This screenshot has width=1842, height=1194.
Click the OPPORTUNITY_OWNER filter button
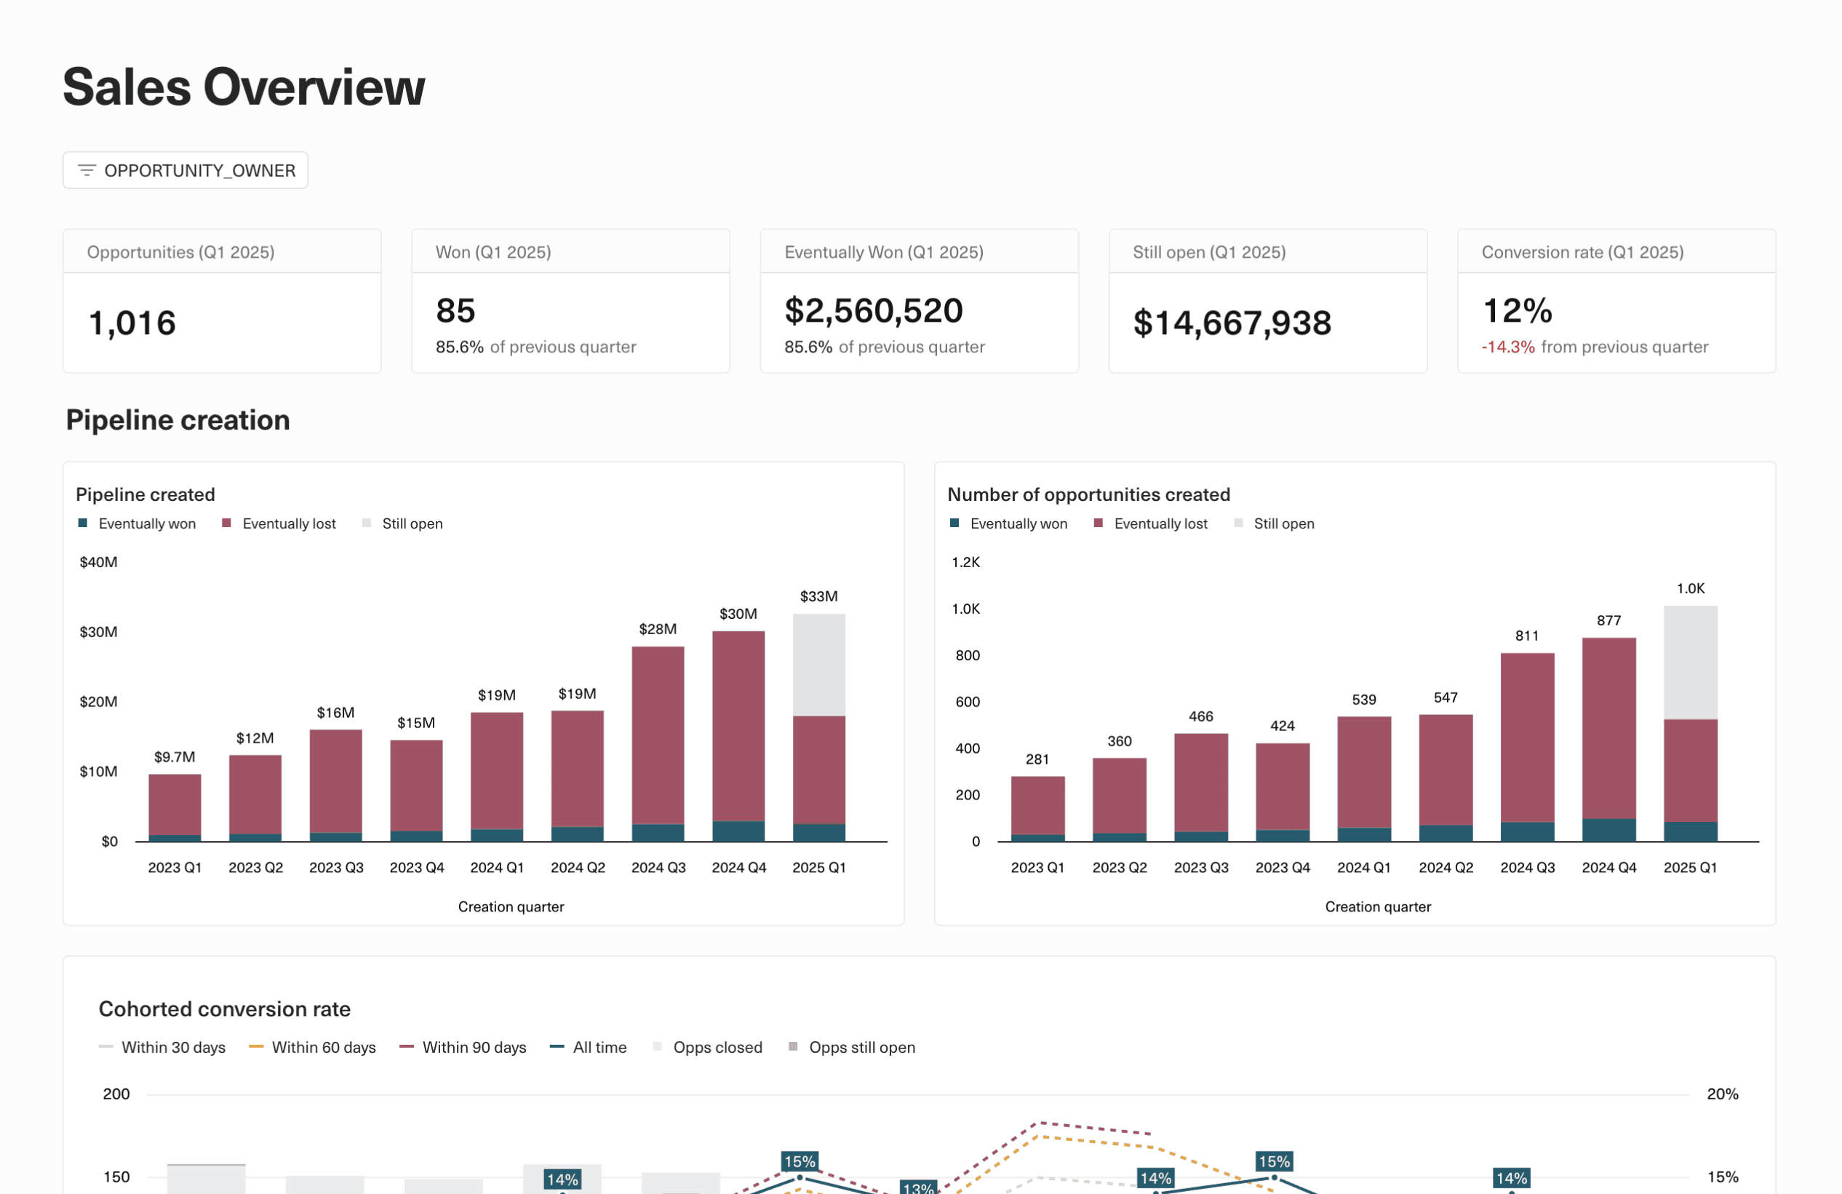(x=186, y=170)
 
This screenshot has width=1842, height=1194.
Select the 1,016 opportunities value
(x=132, y=323)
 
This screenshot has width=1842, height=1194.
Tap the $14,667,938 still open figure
(x=1232, y=323)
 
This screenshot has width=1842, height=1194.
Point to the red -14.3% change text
(x=1507, y=347)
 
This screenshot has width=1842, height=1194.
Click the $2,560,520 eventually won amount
(x=873, y=310)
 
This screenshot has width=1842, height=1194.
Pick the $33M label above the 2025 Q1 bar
(x=818, y=596)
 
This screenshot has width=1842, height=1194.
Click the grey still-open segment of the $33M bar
(x=819, y=665)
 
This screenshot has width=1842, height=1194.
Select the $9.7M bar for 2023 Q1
(x=175, y=805)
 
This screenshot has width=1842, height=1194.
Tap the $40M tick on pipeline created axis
(x=98, y=562)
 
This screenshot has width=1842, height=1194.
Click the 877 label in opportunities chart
(x=1608, y=620)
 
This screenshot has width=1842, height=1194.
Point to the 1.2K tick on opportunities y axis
(x=965, y=562)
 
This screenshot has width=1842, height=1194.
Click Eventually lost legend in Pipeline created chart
(x=288, y=523)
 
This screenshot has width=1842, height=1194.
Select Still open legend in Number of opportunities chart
(x=1283, y=523)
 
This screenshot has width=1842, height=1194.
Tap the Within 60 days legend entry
(x=323, y=1047)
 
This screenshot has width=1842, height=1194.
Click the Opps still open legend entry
(x=861, y=1047)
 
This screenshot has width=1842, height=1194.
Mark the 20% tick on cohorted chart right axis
(x=1722, y=1094)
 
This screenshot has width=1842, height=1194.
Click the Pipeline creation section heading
(x=178, y=419)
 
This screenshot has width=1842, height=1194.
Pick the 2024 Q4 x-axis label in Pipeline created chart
(x=738, y=867)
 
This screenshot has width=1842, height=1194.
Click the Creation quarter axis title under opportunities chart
(x=1378, y=906)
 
